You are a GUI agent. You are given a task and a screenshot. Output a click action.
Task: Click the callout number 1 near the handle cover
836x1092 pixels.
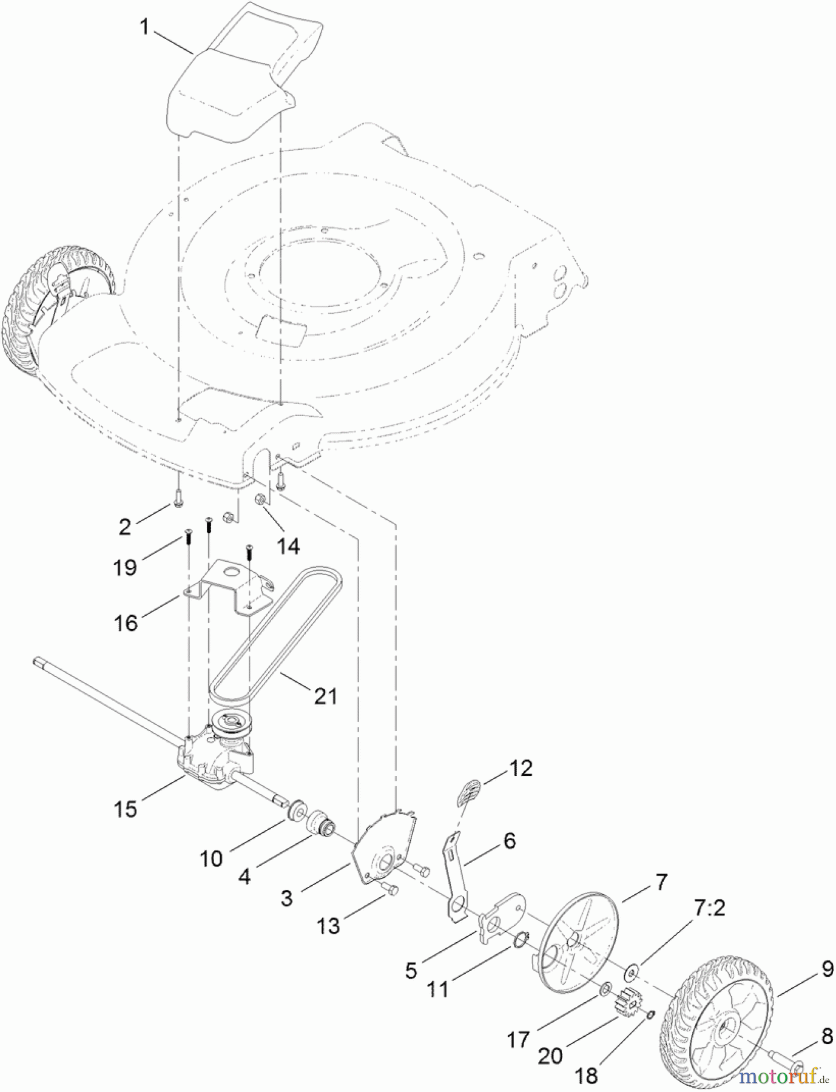click(144, 27)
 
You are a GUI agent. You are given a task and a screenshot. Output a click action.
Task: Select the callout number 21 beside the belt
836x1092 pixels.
click(325, 695)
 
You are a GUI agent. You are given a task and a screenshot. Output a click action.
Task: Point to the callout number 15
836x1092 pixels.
click(126, 809)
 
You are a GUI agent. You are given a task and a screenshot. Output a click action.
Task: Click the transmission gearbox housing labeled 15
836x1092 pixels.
click(212, 761)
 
